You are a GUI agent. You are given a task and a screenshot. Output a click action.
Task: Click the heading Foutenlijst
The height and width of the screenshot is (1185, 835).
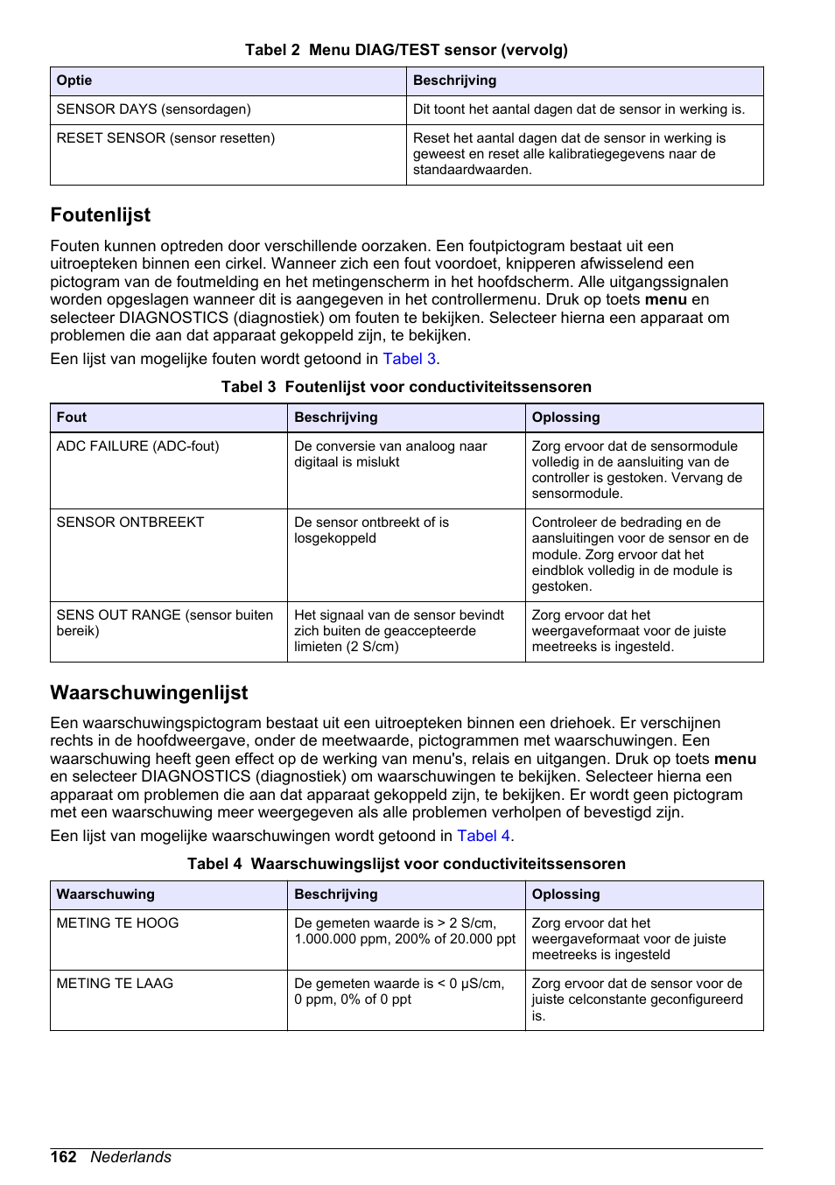(x=101, y=215)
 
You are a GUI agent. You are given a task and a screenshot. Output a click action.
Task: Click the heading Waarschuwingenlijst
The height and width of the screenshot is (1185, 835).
(x=149, y=693)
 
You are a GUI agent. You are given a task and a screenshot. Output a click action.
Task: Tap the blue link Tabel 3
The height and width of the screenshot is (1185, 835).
(x=410, y=359)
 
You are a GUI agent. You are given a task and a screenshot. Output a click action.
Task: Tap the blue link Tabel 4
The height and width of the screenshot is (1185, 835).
(x=484, y=836)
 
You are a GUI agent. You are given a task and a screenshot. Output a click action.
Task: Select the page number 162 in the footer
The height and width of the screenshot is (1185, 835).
(x=63, y=1157)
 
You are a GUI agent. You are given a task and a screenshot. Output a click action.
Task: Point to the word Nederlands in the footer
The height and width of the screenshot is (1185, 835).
(x=131, y=1157)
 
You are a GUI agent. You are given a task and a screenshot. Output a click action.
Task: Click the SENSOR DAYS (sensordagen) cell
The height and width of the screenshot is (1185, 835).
(x=153, y=109)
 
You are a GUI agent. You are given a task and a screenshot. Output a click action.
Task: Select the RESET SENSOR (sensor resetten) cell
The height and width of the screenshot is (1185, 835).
(x=165, y=138)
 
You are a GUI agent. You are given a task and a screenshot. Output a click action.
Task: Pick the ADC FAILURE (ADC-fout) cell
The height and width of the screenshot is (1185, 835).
(x=137, y=446)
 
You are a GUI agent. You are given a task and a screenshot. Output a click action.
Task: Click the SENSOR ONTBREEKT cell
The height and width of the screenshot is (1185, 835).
(x=130, y=522)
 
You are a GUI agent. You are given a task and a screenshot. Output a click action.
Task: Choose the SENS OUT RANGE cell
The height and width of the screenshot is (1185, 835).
(x=165, y=622)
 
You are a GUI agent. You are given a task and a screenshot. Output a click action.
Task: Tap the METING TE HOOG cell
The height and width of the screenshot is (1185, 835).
(x=117, y=923)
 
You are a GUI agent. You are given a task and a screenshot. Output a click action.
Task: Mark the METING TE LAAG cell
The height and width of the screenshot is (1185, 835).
(x=115, y=984)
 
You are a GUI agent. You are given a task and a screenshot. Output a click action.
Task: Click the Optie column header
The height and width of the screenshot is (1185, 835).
(x=74, y=81)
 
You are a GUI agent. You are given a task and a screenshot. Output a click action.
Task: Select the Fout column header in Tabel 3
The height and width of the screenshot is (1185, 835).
(x=72, y=417)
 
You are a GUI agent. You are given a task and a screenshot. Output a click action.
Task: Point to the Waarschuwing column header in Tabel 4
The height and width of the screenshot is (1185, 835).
(x=105, y=894)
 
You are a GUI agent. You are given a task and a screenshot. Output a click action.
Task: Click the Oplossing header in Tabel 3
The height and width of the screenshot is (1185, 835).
(x=565, y=417)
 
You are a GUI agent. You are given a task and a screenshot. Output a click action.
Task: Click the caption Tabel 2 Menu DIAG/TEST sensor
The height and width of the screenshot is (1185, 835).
(x=406, y=50)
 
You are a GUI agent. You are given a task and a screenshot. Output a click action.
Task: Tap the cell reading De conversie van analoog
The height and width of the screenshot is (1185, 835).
(x=390, y=454)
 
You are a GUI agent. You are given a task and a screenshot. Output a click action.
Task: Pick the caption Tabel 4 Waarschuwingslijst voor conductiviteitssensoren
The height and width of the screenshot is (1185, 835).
(x=406, y=864)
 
